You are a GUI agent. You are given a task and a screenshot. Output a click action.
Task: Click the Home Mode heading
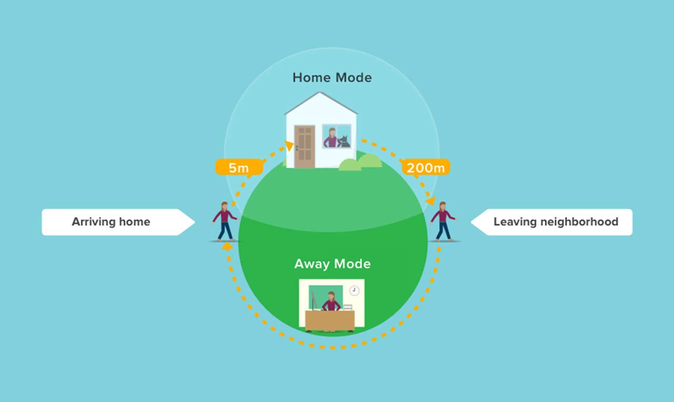click(332, 77)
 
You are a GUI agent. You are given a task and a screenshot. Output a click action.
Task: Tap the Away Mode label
click(332, 264)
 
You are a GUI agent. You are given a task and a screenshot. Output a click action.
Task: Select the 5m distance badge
click(239, 167)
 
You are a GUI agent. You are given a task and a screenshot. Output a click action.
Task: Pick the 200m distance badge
click(426, 167)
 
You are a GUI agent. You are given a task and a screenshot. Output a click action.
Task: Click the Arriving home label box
click(118, 222)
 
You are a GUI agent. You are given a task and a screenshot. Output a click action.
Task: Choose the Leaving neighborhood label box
click(551, 222)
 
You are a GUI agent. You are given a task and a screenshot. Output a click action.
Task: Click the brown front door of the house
click(304, 147)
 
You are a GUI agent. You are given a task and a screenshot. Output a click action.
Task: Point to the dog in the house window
click(344, 142)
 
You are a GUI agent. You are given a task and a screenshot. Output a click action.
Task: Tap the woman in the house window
click(332, 138)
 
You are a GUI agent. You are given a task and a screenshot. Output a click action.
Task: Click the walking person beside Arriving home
click(225, 222)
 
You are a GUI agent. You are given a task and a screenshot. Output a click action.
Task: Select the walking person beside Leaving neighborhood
click(443, 222)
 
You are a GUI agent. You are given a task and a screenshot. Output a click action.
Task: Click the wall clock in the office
click(354, 290)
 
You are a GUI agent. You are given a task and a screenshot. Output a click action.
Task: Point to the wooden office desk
click(330, 321)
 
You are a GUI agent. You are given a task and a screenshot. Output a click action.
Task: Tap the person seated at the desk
click(331, 301)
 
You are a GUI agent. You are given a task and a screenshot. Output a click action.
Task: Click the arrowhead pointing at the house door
click(290, 146)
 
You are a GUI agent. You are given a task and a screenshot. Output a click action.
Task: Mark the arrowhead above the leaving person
click(431, 200)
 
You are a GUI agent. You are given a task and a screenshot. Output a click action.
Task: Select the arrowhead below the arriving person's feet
click(227, 246)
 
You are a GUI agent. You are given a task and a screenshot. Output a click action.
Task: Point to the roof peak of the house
click(320, 93)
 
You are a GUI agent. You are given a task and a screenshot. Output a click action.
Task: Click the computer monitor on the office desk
click(313, 300)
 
